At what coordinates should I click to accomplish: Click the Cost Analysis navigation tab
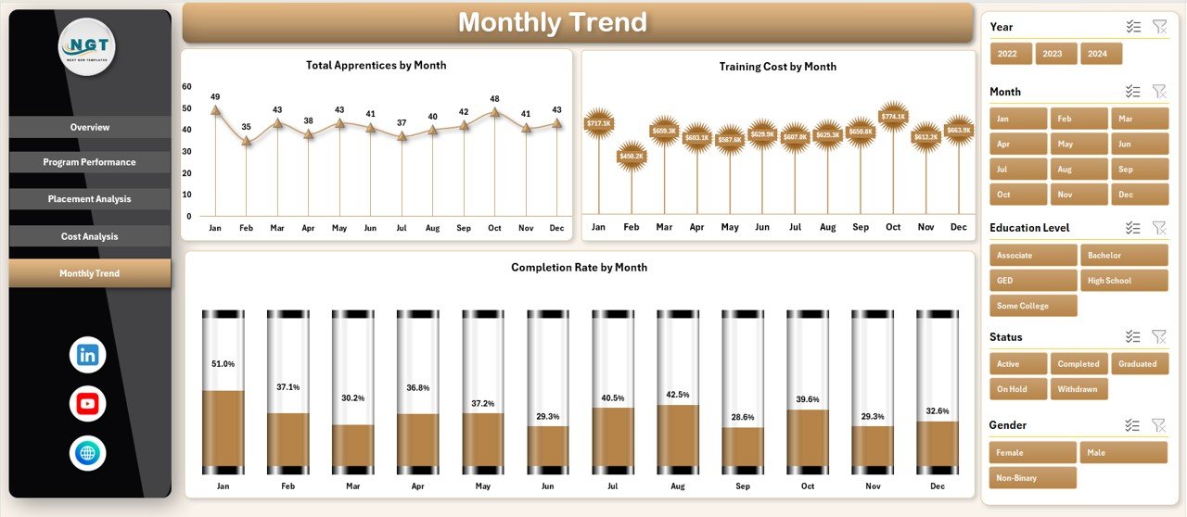coord(90,236)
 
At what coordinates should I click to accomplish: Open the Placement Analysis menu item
coord(90,199)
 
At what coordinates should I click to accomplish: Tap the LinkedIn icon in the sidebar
coord(88,355)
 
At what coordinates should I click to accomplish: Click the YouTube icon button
coord(88,404)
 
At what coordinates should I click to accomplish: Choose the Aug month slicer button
coord(1079,170)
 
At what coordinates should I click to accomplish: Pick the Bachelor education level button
coord(1124,256)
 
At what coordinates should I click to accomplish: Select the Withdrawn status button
coord(1079,389)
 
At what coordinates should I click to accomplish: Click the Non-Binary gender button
coord(1033,478)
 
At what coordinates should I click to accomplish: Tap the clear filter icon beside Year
coord(1159,27)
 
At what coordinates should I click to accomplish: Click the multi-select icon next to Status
coord(1132,337)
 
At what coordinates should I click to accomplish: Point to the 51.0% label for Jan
coord(223,364)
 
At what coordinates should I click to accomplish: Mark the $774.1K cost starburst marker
coord(893,117)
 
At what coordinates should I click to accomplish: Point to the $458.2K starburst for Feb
coord(632,157)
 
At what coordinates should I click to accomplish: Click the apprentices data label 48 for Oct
coord(495,99)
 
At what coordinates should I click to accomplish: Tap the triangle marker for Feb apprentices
coord(247,141)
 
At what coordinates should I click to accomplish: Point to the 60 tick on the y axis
coord(187,87)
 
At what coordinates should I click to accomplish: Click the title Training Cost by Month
coord(777,67)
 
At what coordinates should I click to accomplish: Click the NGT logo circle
coord(87,46)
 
